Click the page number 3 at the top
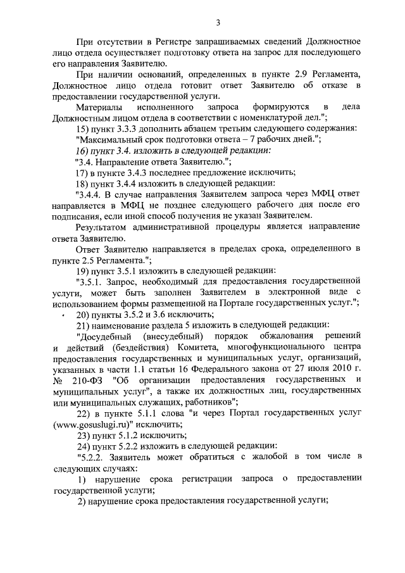point(217,24)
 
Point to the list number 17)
point(82,172)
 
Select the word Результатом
point(101,227)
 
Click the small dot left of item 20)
point(64,315)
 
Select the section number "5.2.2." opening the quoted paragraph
point(90,457)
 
